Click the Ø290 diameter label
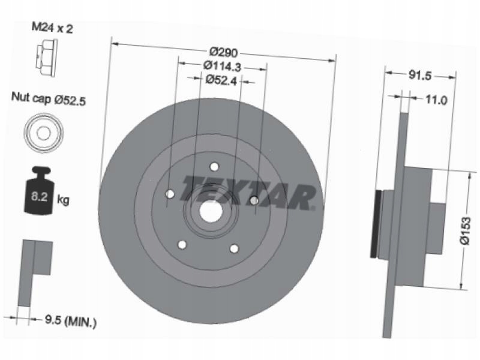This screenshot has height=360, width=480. [223, 52]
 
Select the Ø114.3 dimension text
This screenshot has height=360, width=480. [223, 67]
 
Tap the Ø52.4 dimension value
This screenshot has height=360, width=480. [221, 80]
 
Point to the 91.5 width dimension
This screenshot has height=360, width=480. [420, 75]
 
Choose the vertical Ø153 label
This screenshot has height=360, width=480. [465, 230]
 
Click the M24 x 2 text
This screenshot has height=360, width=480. [52, 28]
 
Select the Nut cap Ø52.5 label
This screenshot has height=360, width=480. [49, 98]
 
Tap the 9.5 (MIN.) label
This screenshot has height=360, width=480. [71, 321]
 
